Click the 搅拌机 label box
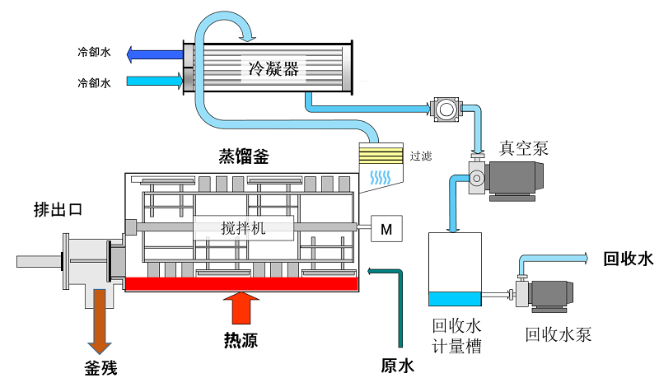[244, 228]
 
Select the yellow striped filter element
[381, 154]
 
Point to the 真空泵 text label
[524, 148]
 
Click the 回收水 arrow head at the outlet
[582, 258]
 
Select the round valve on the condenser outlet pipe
[445, 108]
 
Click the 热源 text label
[239, 339]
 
